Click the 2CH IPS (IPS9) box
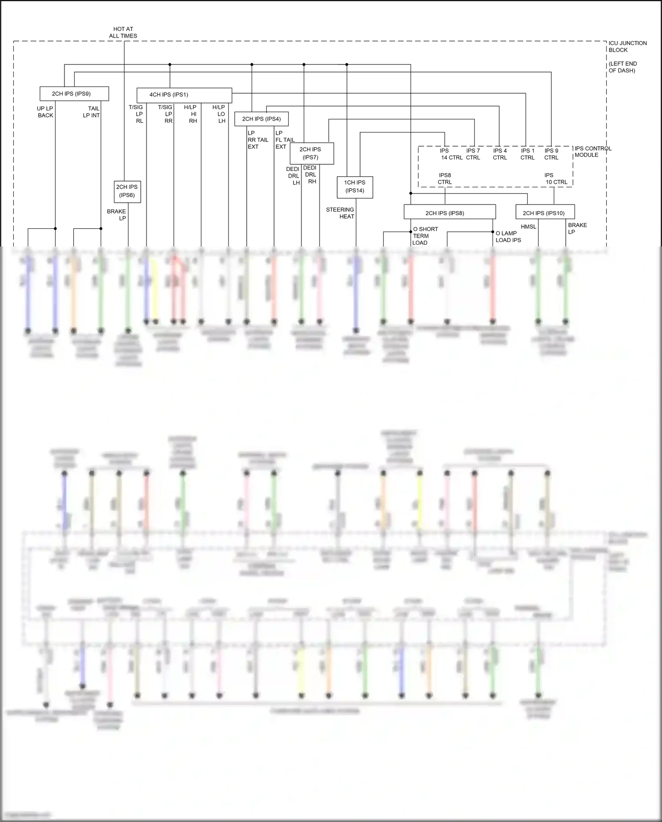[74, 94]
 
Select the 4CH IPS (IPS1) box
[184, 95]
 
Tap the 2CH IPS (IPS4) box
[261, 119]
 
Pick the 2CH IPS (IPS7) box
[312, 153]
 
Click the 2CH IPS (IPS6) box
[127, 191]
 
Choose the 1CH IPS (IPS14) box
[355, 186]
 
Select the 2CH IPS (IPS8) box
[449, 212]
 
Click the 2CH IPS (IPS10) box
[545, 212]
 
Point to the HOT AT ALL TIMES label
[123, 32]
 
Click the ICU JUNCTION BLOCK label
[627, 46]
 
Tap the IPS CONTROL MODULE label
[592, 152]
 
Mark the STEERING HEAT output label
[340, 213]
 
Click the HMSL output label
[528, 227]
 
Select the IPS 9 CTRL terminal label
[551, 154]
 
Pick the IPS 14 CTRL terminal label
[451, 154]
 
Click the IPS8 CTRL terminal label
[445, 178]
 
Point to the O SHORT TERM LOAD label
[425, 236]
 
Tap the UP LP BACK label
[45, 112]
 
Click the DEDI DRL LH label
[293, 176]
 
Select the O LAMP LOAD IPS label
[508, 236]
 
